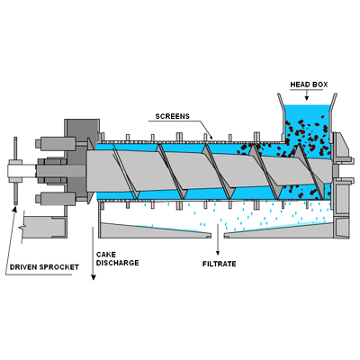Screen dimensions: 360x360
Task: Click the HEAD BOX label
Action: [309, 85]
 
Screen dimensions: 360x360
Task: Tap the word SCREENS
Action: [173, 116]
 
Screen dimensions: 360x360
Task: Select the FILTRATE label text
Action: [220, 264]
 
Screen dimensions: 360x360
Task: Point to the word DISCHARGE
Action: [118, 263]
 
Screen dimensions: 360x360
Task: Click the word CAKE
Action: [106, 255]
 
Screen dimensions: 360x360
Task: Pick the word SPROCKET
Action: [58, 267]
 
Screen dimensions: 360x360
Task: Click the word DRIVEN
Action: [23, 267]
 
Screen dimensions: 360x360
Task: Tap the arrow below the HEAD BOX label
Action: [307, 94]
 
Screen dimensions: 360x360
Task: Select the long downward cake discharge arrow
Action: [94, 254]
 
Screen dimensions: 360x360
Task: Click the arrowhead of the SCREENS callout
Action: [211, 137]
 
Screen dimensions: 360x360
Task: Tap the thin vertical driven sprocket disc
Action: [15, 171]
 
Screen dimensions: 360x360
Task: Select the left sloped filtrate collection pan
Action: [155, 230]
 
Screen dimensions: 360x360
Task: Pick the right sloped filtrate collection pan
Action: [278, 231]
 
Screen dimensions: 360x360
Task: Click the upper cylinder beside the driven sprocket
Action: [55, 143]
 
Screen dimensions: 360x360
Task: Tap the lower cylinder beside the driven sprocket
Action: [55, 199]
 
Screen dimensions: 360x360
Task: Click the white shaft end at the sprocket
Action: [22, 171]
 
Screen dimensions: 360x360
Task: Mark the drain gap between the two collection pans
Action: [218, 235]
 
